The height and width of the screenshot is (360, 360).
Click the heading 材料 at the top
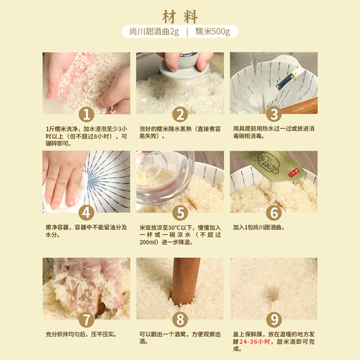180,17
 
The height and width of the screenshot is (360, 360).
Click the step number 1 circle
86,114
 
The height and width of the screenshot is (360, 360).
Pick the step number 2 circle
180,114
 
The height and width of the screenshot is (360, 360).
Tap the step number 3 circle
274,114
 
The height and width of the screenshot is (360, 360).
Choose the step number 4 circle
86,212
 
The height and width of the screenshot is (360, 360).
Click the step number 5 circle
180,212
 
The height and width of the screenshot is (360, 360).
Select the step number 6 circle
274,212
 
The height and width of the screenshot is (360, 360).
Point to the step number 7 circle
86,319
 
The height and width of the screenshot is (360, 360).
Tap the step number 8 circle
180,319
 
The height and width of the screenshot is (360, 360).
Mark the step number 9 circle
274,319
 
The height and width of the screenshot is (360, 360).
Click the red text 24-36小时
255,342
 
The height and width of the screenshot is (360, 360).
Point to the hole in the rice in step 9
272,294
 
